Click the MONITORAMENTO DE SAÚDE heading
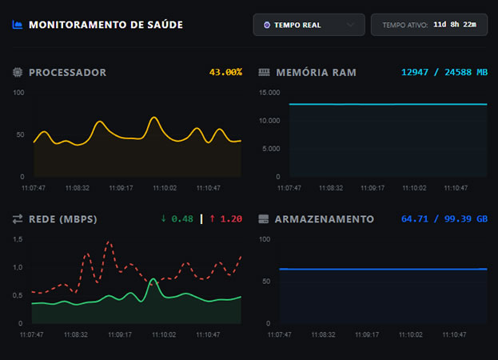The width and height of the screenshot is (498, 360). tap(106, 25)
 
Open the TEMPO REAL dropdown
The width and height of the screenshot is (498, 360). tap(309, 25)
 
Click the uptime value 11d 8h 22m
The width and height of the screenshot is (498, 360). tap(454, 25)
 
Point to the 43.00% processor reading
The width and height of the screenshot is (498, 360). tap(225, 72)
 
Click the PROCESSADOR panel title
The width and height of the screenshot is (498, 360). tap(67, 72)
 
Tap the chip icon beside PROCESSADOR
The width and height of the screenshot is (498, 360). tap(18, 72)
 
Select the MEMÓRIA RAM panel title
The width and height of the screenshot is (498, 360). tap(316, 72)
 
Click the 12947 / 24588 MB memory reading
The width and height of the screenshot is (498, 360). tap(444, 72)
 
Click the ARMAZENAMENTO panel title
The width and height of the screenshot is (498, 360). tap(324, 218)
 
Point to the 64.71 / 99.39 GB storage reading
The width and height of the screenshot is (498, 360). tap(444, 218)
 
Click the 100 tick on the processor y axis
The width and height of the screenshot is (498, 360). tap(19, 93)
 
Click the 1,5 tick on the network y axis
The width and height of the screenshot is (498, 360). tap(18, 239)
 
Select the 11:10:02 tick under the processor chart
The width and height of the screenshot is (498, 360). tap(164, 188)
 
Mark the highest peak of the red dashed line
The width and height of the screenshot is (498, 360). tap(109, 242)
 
